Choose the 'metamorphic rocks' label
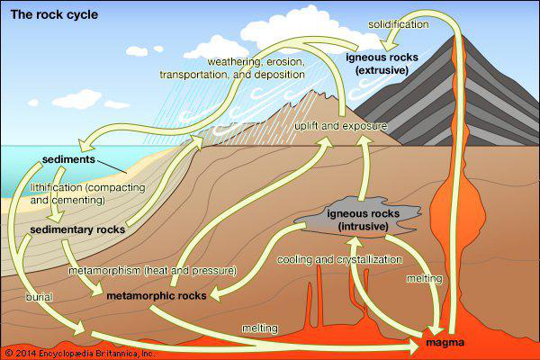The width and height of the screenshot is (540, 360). coord(157,295)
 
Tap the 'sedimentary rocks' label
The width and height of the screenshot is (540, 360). coord(76,230)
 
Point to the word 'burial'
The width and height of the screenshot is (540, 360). coord(39,295)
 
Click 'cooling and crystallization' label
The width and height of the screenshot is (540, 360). coord(329,259)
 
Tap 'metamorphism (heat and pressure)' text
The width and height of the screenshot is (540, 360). coord(152,270)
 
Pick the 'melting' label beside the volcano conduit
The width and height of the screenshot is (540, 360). coord(425,279)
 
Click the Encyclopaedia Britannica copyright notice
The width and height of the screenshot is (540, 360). coord(79,352)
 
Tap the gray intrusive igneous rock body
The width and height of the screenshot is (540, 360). coord(310,214)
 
